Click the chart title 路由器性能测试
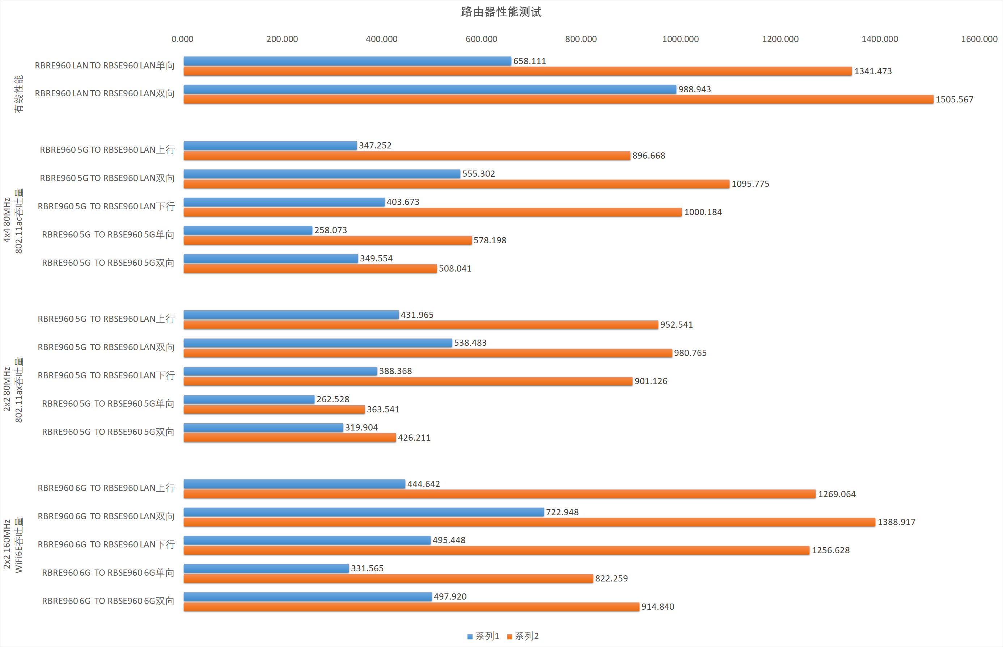tap(501, 12)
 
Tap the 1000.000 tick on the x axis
tap(680, 39)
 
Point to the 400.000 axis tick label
tap(381, 39)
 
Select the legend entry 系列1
tap(483, 636)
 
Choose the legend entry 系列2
tap(523, 636)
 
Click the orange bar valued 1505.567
tap(558, 100)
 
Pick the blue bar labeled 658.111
tap(347, 61)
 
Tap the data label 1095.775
tap(750, 184)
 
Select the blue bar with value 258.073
tap(248, 230)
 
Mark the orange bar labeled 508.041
tap(310, 268)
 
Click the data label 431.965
tap(417, 315)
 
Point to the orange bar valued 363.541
tap(274, 409)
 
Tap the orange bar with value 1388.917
tap(529, 522)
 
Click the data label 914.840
tap(657, 607)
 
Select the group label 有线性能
tap(19, 94)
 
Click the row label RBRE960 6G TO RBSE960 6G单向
tap(108, 573)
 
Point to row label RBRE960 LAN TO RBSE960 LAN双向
tap(105, 93)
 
